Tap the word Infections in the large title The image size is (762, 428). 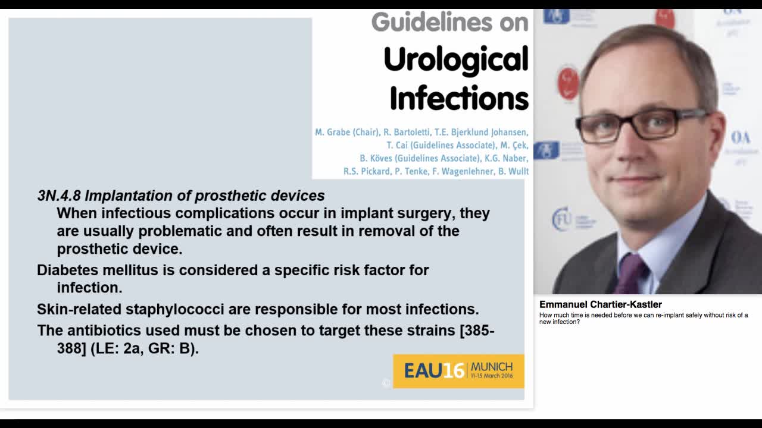coord(459,98)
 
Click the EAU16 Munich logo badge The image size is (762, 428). coord(458,371)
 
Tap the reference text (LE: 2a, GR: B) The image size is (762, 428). coord(145,348)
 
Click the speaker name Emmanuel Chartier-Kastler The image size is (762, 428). coord(600,304)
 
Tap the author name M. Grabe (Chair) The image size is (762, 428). coord(346,132)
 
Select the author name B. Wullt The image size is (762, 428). coord(513,171)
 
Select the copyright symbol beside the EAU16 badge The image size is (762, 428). coord(386,383)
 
